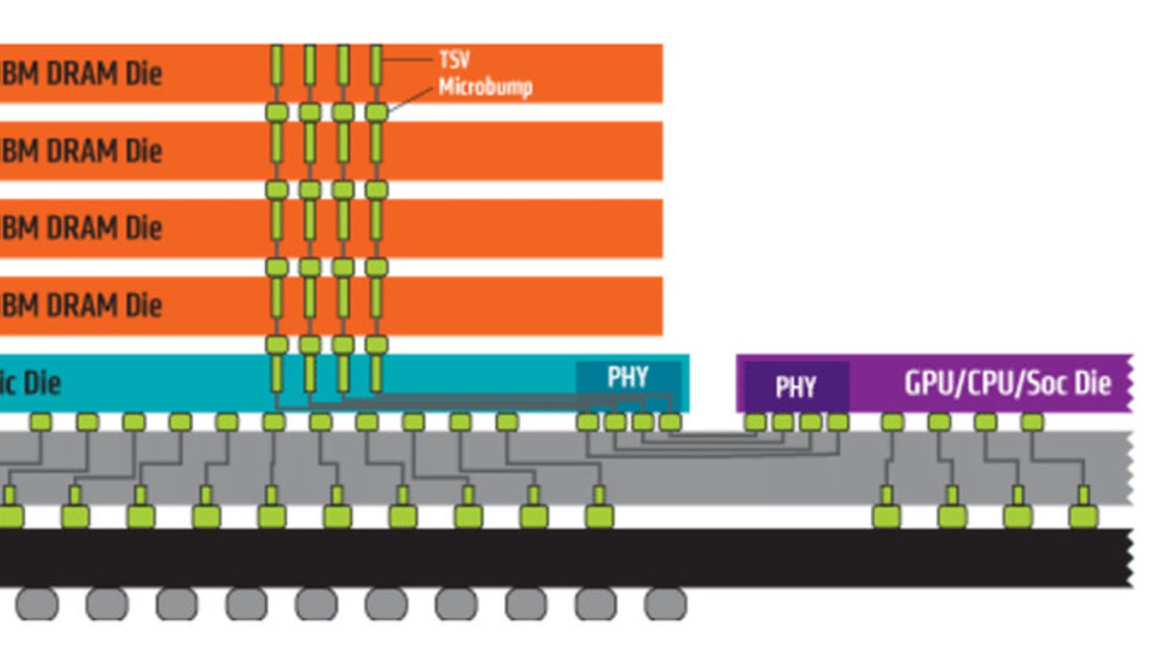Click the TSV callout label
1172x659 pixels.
click(x=454, y=59)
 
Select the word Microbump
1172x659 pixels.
click(x=485, y=86)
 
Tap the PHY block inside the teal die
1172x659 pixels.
click(x=628, y=378)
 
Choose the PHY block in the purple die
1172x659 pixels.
click(x=795, y=386)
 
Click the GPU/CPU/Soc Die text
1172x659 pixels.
click(x=1007, y=383)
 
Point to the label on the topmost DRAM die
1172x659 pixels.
click(x=81, y=73)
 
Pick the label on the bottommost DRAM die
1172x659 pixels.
click(x=81, y=305)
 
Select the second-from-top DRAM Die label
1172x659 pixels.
click(x=81, y=151)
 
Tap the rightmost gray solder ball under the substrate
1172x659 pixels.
click(x=665, y=604)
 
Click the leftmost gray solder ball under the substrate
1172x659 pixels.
click(x=37, y=604)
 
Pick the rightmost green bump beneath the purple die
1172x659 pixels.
click(x=1032, y=422)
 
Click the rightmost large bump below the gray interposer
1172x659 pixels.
click(x=1083, y=516)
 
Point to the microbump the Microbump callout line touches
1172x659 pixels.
click(x=377, y=113)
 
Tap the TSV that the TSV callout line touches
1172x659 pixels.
click(x=377, y=64)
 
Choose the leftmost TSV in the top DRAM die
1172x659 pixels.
click(x=277, y=64)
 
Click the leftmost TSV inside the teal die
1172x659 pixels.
click(x=277, y=373)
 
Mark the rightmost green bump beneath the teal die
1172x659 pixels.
click(x=670, y=422)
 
